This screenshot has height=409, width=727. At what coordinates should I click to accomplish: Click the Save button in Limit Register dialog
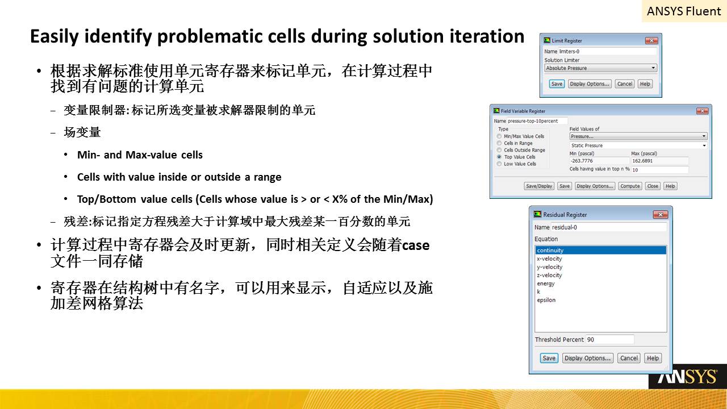coord(557,84)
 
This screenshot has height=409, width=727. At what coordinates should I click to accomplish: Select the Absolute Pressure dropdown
coord(600,68)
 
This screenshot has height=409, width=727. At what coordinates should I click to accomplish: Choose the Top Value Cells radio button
coord(499,157)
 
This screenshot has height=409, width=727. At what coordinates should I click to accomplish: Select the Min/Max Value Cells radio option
coord(499,136)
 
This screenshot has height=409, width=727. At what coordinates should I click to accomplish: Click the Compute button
coord(630,186)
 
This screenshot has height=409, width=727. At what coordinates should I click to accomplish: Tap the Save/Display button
coord(539,186)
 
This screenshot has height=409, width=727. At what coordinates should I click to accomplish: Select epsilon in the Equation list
coord(546,300)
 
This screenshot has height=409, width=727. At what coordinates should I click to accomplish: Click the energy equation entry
coord(546,283)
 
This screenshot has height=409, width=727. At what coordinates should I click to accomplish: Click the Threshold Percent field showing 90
coord(609,340)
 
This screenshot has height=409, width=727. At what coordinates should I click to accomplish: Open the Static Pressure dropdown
coord(638,145)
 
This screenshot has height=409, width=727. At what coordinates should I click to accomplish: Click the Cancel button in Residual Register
coord(629,358)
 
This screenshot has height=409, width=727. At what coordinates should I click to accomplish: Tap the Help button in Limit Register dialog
coord(645,84)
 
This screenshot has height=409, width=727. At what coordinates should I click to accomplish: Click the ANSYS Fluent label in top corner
coord(684,11)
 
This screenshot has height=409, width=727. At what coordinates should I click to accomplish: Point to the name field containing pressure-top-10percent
coord(537,121)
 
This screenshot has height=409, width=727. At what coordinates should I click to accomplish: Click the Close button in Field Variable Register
coord(653,186)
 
